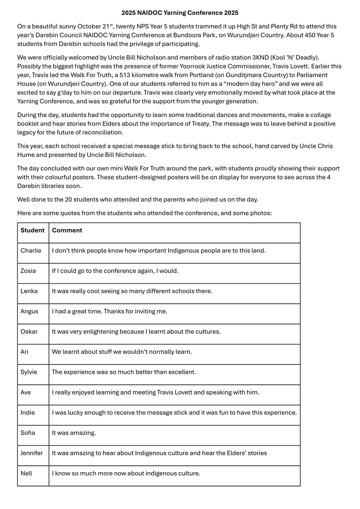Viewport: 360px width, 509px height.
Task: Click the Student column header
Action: [x=33, y=230]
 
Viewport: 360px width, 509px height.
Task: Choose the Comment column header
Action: [x=67, y=230]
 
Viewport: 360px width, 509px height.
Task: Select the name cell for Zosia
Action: [x=28, y=271]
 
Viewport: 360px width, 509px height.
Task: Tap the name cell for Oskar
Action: [x=29, y=331]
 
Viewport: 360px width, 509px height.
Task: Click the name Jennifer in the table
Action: [x=32, y=453]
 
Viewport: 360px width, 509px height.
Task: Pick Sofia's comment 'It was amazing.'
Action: [x=74, y=433]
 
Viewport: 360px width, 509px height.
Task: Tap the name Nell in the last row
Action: [x=26, y=473]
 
